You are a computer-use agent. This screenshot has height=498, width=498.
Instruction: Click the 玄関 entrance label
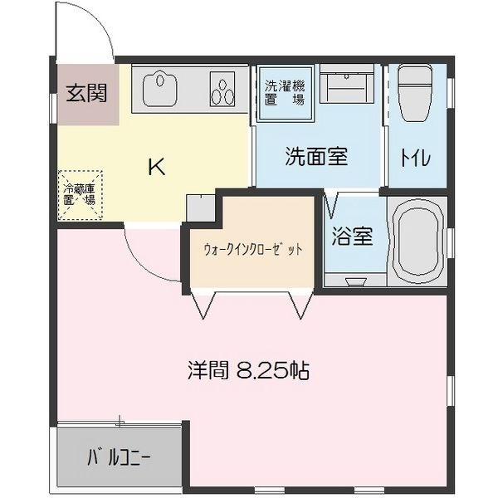[86, 92]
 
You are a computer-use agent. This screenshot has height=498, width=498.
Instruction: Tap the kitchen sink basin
[159, 90]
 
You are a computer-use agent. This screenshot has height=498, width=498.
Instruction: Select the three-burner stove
[222, 89]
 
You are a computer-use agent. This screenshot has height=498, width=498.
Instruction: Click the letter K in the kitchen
[157, 167]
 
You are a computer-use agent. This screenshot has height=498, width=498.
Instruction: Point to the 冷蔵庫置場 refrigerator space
[80, 195]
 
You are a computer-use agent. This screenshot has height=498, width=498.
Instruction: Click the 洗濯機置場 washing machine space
[285, 93]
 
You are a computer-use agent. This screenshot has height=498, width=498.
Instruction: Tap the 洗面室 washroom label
[316, 156]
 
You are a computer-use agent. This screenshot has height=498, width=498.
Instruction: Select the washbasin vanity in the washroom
[346, 84]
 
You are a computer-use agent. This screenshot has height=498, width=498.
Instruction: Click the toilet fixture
[415, 92]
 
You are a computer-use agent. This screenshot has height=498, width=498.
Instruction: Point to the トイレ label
[416, 157]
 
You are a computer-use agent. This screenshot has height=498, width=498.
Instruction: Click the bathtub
[417, 242]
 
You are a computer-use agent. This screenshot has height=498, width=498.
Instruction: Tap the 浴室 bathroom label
[352, 236]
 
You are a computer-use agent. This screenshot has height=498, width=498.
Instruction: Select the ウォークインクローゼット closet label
[253, 249]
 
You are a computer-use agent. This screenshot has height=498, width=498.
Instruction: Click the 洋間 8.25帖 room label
[249, 370]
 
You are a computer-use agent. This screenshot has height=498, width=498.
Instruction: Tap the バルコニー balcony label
[119, 457]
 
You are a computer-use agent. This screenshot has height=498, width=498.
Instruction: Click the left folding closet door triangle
[203, 305]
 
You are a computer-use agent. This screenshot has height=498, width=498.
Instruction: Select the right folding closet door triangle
[300, 305]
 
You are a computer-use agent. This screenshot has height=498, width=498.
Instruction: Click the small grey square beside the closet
[201, 208]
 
